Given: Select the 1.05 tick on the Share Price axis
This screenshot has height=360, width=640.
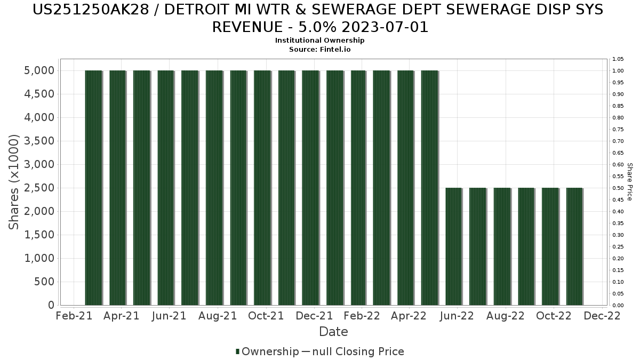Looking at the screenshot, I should [618, 59].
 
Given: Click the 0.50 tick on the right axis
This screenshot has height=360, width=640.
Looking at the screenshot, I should [618, 188].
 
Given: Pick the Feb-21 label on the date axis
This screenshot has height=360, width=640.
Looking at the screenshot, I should [74, 316].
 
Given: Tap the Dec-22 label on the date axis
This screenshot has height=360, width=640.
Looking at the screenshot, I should [602, 316].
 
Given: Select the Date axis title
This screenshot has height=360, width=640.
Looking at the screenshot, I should [333, 332].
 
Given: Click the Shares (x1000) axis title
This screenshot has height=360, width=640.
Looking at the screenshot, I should [14, 182].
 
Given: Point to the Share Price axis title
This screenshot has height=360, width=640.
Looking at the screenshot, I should [630, 182].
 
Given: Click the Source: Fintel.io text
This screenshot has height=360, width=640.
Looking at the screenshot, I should [320, 49].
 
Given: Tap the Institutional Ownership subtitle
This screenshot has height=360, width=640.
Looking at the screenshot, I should [320, 41].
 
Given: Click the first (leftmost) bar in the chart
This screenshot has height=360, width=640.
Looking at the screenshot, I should [93, 188].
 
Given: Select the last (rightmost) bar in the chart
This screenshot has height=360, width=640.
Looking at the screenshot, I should [574, 246].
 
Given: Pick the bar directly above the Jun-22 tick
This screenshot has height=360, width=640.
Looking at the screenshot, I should [454, 246].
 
